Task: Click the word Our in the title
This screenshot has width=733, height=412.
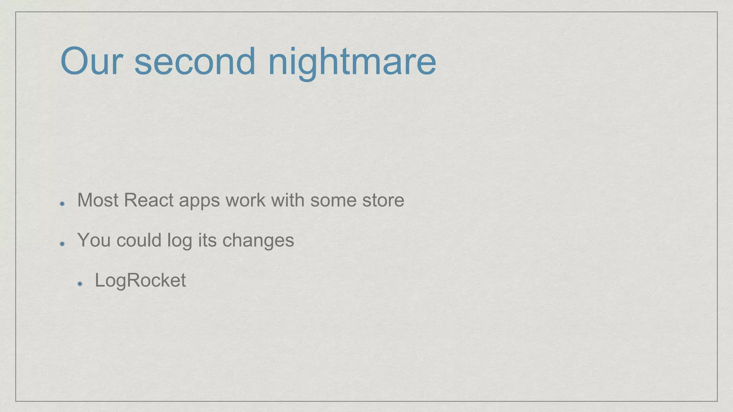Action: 92,62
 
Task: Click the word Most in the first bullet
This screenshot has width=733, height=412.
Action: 98,200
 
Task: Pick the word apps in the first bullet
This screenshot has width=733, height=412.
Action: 199,201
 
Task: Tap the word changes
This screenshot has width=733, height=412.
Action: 258,241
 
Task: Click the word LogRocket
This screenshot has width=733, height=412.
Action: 140,280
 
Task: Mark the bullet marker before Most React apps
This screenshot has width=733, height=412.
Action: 62,204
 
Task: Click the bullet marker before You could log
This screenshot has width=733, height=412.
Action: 62,244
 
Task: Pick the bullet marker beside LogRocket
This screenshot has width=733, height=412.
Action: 79,284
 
